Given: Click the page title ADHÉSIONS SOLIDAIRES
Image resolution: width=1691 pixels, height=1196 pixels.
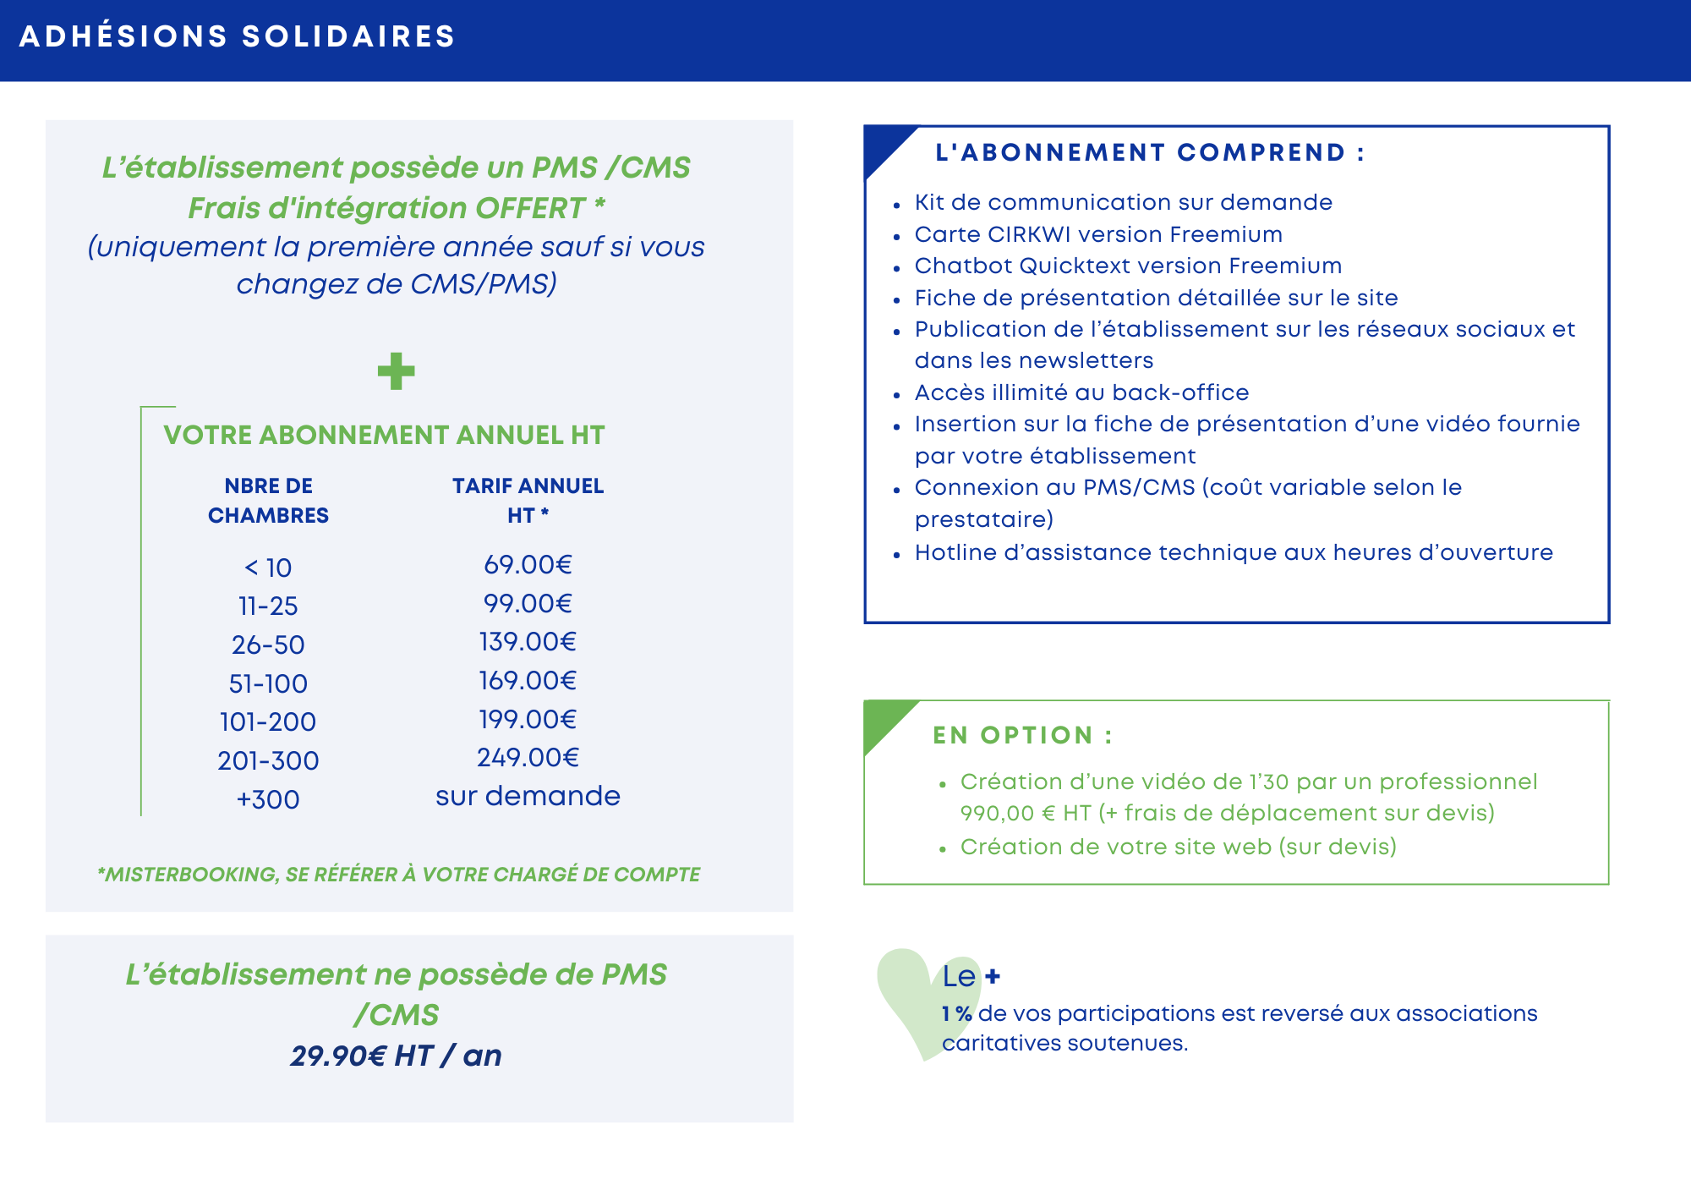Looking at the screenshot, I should (238, 37).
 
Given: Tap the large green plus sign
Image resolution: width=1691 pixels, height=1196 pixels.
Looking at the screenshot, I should (396, 371).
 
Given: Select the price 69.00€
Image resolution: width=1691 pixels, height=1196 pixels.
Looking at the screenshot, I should (528, 565).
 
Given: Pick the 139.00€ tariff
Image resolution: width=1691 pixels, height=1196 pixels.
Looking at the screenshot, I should (528, 642).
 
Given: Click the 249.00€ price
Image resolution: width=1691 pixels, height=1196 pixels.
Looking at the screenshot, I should (528, 758).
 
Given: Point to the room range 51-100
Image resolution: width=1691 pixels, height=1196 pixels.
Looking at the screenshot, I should (268, 683).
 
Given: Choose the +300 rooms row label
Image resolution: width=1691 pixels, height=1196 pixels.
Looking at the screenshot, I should (268, 799).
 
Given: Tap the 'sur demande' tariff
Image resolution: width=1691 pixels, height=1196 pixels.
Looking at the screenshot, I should (528, 796).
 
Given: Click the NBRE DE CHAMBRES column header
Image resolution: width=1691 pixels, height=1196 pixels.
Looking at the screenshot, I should (268, 501).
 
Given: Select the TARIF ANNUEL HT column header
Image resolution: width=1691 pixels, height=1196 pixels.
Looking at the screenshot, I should (528, 501).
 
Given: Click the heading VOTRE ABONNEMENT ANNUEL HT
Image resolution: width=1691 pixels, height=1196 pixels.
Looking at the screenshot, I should (384, 435).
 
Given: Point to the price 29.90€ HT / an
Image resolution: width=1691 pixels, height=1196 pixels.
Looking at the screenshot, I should (396, 1056).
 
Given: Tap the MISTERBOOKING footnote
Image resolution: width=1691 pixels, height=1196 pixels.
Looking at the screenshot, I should (398, 875).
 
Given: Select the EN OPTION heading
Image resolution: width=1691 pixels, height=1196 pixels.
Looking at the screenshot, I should (1022, 736).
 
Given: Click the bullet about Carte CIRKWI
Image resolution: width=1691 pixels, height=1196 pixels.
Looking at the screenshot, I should (1098, 234).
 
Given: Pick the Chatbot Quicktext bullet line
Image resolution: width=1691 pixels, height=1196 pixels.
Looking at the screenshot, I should (1128, 266).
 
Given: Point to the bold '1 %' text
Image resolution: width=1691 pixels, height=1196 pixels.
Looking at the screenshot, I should (956, 1014).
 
